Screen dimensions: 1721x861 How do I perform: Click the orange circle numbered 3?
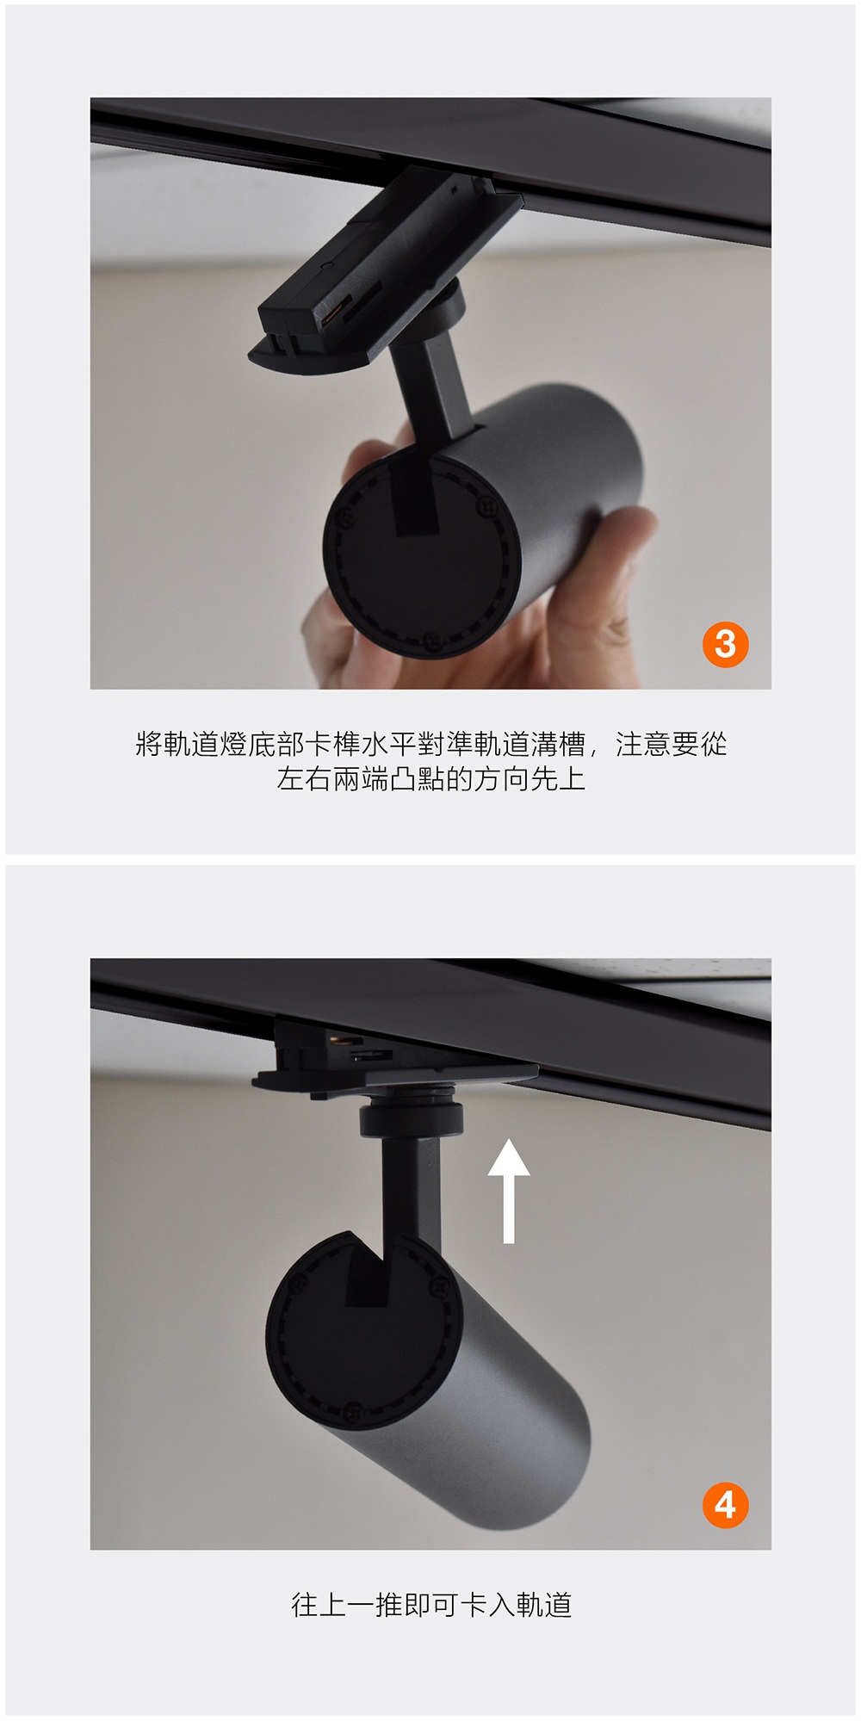tap(725, 644)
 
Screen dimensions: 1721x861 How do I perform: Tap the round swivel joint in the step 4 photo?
tap(412, 1117)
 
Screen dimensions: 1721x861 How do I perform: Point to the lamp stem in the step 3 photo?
tap(430, 387)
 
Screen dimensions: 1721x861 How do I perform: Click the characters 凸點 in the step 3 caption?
tap(417, 780)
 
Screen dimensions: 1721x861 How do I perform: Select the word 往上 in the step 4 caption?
tap(319, 1605)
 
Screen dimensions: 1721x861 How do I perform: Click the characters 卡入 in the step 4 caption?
tap(487, 1605)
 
